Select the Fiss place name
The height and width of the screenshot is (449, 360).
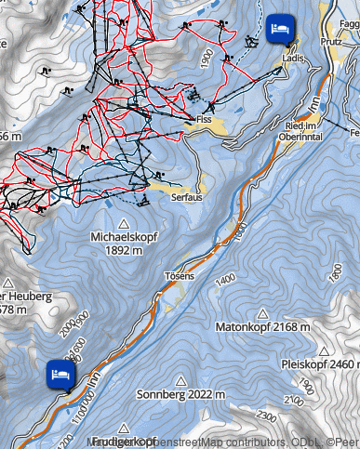click(x=205, y=119)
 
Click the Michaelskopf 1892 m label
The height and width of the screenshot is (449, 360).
click(x=124, y=243)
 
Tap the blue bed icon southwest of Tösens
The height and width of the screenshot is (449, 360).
click(x=60, y=375)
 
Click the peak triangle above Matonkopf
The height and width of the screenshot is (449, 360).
click(x=263, y=313)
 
